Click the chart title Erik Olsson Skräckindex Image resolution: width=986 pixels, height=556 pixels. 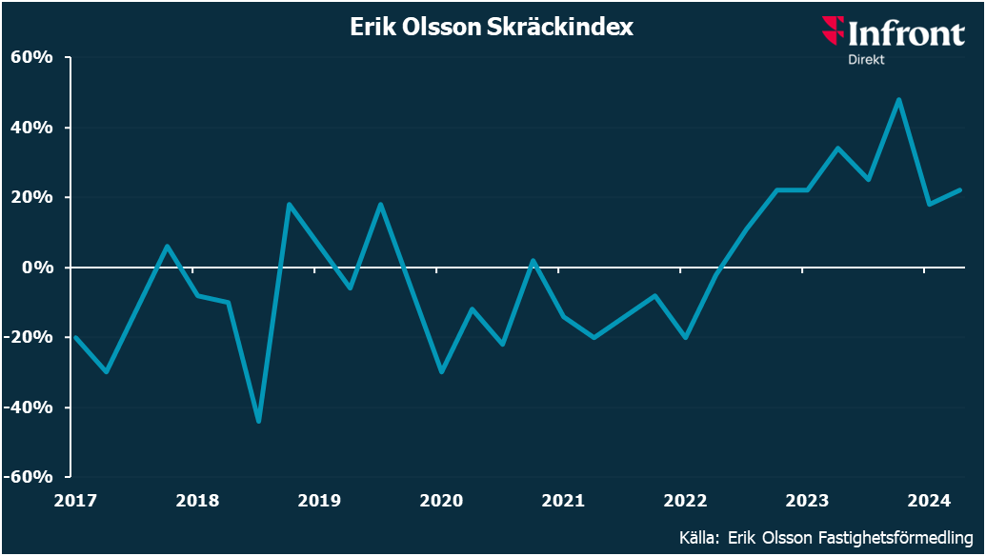492,28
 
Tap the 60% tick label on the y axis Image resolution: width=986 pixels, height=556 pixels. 31,57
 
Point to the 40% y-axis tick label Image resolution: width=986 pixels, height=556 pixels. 31,128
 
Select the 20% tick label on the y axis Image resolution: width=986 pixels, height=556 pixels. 31,197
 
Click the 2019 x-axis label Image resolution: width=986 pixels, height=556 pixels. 319,500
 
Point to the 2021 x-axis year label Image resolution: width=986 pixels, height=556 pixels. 562,500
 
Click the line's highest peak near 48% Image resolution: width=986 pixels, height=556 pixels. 898,99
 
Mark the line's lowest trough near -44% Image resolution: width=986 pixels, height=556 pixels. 258,421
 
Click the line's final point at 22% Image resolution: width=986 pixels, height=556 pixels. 959,190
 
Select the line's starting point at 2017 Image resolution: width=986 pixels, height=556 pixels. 75,337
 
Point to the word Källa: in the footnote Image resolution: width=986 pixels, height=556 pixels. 700,537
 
